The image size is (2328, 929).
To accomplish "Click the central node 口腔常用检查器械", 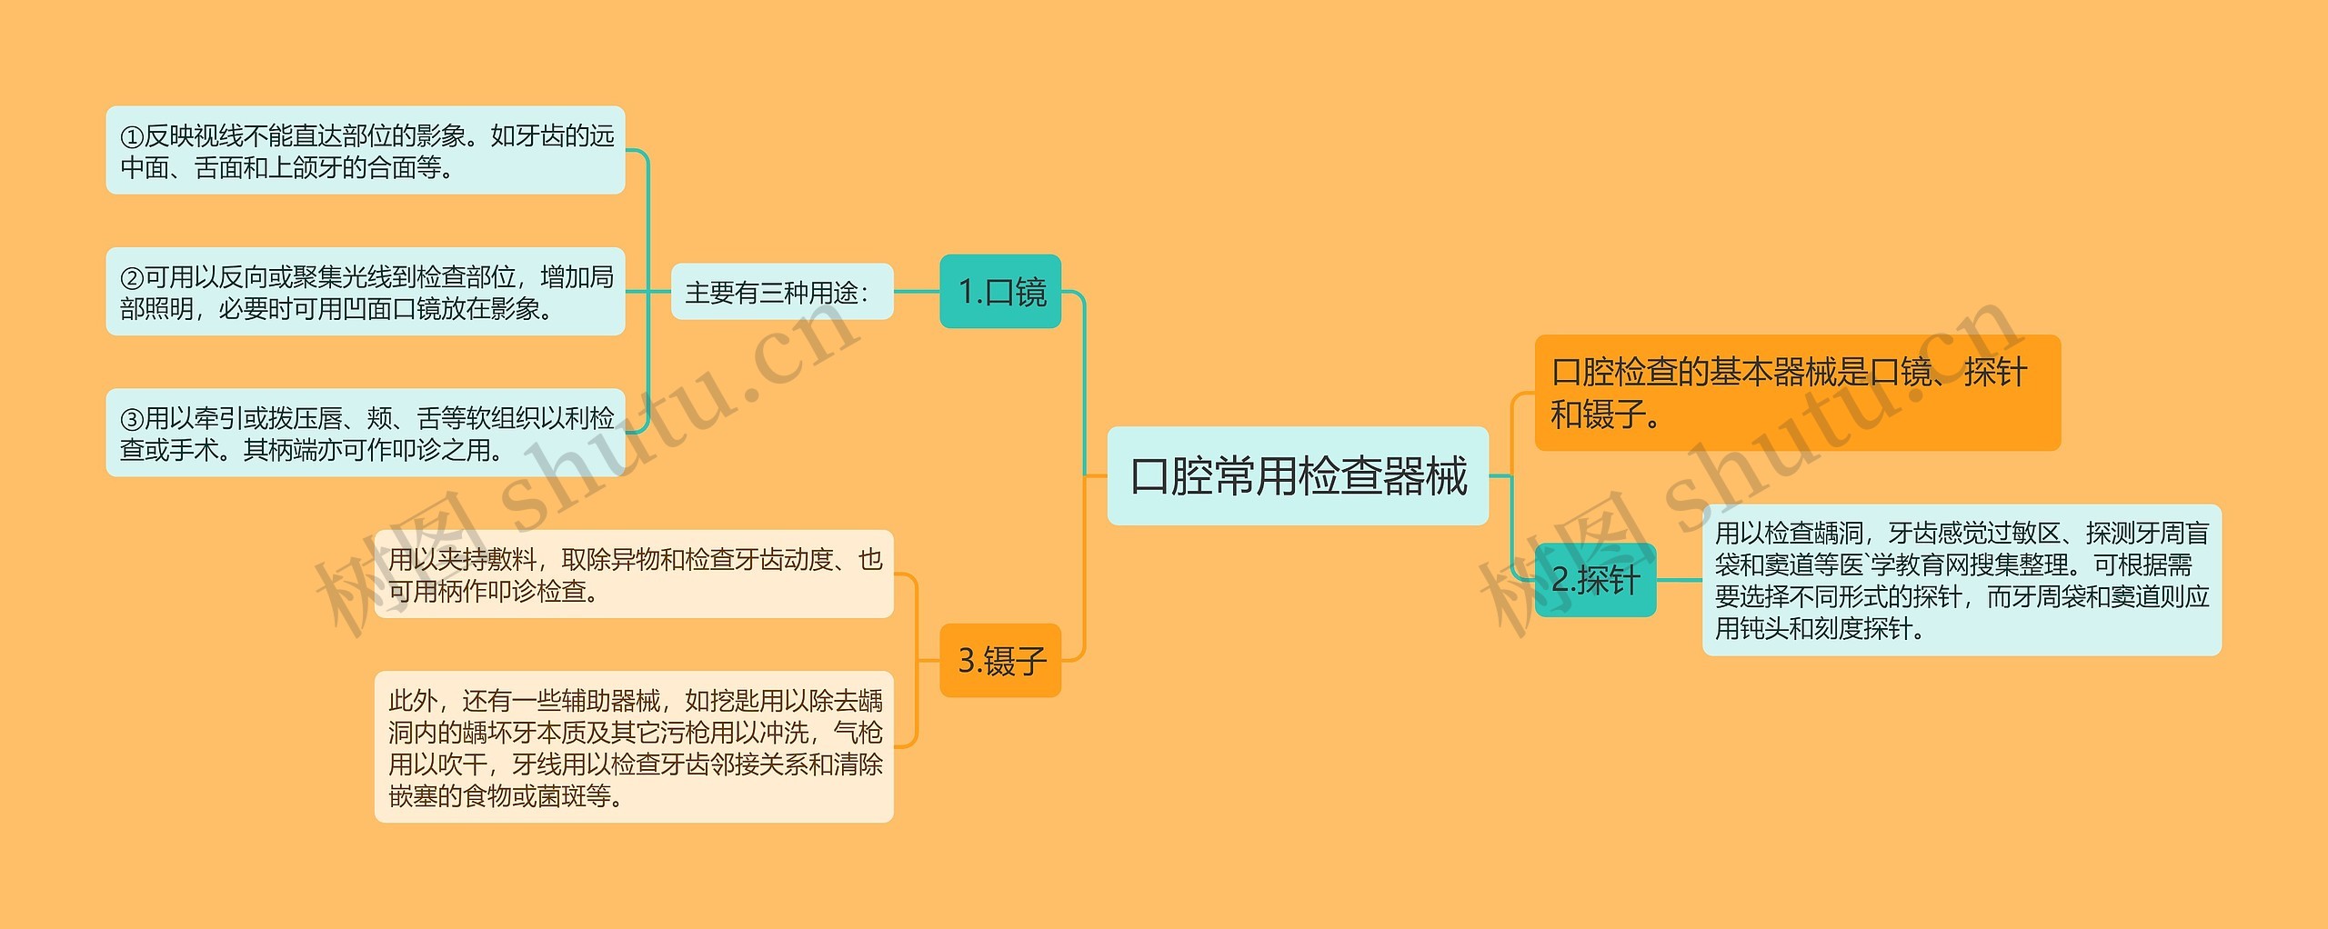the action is [1297, 475].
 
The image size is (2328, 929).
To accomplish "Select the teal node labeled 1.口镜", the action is [1000, 292].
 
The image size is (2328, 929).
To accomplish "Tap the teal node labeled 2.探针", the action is [1595, 580].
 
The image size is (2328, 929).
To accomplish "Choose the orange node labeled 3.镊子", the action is [1000, 661].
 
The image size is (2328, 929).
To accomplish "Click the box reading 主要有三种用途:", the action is [781, 292].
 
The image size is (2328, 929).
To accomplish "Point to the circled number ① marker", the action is [132, 137].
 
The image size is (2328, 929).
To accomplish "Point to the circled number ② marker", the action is [132, 278].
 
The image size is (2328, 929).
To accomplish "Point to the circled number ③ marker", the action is [132, 419].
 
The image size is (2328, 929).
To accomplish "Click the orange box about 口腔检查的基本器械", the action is [1797, 393].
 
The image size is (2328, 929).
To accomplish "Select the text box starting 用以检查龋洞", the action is [1962, 580].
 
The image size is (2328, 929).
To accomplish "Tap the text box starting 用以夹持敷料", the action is [634, 574].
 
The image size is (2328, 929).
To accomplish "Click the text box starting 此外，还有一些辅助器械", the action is [634, 747].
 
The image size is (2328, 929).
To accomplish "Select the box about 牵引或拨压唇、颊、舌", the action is [366, 433].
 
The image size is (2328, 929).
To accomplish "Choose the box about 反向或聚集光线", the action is [366, 292].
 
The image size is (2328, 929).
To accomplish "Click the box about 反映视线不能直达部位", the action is [366, 150].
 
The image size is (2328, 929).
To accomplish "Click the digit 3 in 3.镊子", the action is [967, 661].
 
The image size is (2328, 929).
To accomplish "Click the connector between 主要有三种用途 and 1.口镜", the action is [917, 292].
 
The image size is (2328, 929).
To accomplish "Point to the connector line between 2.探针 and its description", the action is [1679, 580].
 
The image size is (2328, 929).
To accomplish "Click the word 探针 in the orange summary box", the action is [1995, 373].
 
